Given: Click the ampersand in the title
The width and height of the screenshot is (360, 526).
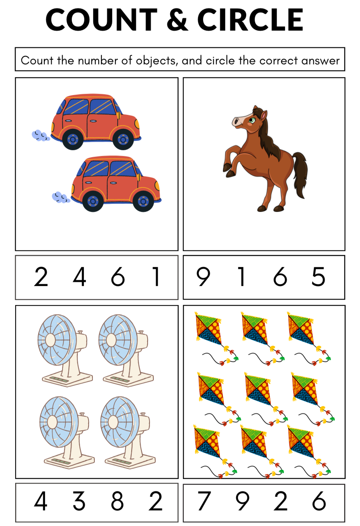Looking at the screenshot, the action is click(177, 20).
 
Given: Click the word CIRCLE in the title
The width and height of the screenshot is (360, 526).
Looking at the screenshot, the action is click(250, 20).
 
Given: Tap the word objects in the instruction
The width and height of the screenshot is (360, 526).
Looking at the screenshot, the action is click(156, 61).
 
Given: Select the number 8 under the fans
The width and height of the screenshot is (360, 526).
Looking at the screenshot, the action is click(117, 501).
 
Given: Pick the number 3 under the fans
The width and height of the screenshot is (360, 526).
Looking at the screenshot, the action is click(79, 501).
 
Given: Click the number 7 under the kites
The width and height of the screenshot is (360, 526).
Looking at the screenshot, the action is click(204, 501).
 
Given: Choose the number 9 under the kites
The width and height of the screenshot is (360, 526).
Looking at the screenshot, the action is click(242, 501).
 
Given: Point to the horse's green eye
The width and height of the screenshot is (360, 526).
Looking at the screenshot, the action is click(252, 120).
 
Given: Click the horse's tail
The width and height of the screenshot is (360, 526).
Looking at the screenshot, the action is click(300, 174).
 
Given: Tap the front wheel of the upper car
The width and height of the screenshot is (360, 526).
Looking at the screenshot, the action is click(123, 140).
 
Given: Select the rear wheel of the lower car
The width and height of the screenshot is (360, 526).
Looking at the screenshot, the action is click(93, 201).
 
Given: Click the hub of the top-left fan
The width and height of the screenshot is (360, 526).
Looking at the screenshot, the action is click(50, 340).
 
